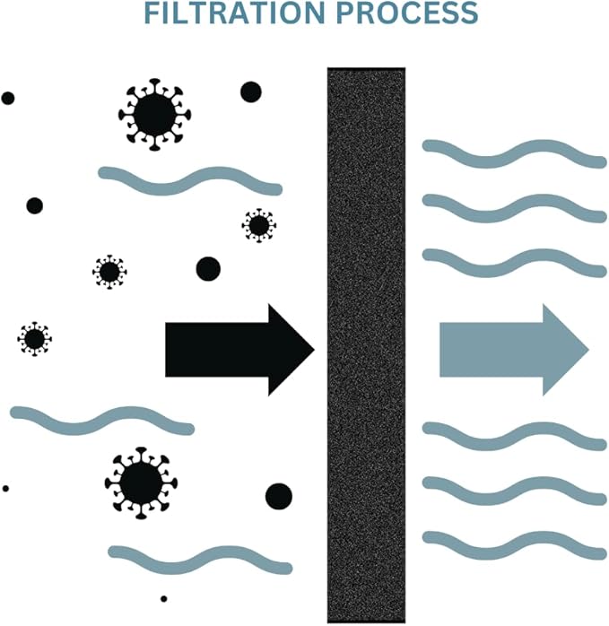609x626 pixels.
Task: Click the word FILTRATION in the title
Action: (x=234, y=13)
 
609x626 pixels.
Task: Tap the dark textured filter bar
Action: (x=366, y=345)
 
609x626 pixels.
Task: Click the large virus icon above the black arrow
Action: (x=154, y=115)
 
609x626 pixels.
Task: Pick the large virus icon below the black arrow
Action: (x=141, y=483)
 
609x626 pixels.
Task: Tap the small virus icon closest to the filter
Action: (x=259, y=226)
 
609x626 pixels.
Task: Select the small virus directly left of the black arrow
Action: (x=35, y=339)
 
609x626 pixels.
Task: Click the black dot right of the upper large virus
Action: (x=251, y=91)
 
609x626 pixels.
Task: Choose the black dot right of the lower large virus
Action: (x=279, y=496)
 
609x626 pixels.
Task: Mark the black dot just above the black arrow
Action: (x=208, y=269)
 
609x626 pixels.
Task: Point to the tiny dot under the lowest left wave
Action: (x=164, y=599)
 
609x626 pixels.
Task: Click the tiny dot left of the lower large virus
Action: (x=5, y=489)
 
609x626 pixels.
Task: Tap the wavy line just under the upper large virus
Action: (x=190, y=181)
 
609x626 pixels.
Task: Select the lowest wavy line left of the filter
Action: (x=201, y=561)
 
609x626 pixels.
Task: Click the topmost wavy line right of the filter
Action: (x=515, y=153)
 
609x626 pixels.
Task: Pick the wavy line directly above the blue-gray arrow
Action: (x=515, y=263)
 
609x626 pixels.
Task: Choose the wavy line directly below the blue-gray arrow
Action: (x=515, y=437)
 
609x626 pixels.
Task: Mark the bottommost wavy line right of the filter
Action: (x=515, y=545)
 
